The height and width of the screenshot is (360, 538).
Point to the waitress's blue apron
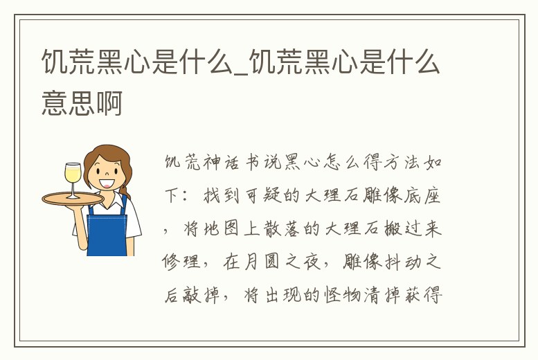(x=107, y=233)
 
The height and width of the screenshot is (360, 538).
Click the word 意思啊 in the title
(x=82, y=104)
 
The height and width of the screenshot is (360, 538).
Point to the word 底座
(x=428, y=197)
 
